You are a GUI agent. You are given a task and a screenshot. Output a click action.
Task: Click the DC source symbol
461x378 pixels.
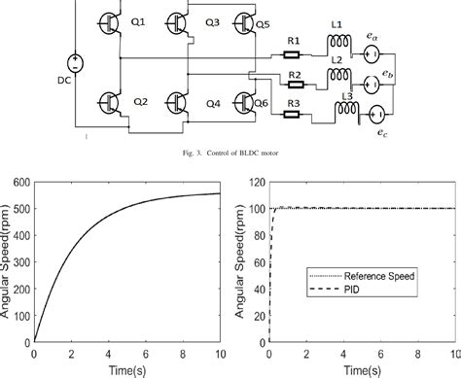[x=79, y=62]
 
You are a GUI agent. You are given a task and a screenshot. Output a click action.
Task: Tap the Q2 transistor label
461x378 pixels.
[x=141, y=100]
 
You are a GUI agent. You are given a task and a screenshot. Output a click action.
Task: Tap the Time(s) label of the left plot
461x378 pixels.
[x=127, y=369]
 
